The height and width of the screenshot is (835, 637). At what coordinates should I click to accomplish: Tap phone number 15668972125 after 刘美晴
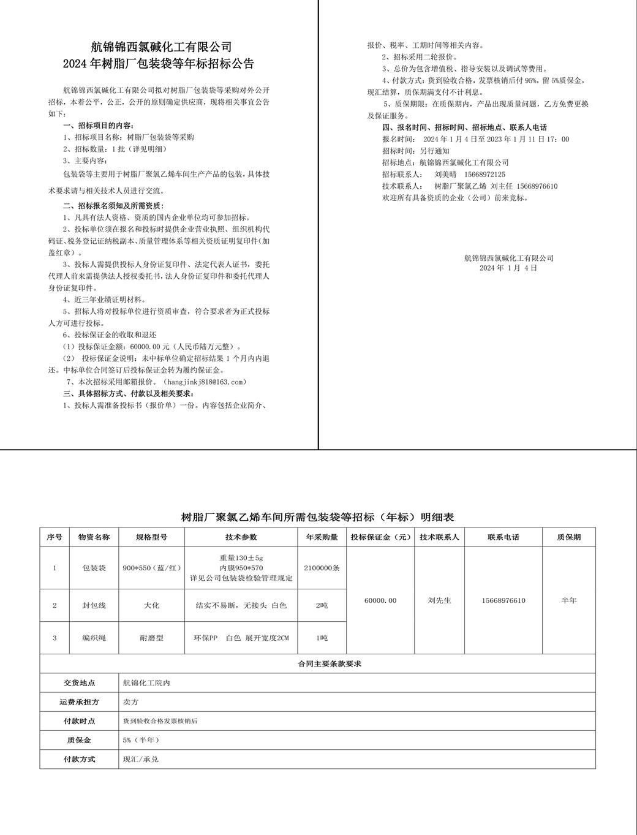pyautogui.click(x=484, y=175)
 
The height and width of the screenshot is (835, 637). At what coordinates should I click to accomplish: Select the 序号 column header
pyautogui.click(x=55, y=537)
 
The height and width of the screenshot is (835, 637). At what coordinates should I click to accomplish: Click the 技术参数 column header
pyautogui.click(x=241, y=537)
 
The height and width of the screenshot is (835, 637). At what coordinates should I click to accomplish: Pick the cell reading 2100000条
pyautogui.click(x=322, y=568)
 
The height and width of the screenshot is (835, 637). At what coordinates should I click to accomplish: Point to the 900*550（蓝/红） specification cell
pyautogui.click(x=151, y=568)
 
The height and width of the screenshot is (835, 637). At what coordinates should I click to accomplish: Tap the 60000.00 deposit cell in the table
pyautogui.click(x=380, y=600)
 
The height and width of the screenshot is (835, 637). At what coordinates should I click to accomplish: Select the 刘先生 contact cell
pyautogui.click(x=439, y=600)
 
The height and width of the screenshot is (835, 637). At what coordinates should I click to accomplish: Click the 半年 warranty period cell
pyautogui.click(x=568, y=600)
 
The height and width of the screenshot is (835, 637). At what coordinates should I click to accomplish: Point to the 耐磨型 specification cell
pyautogui.click(x=151, y=638)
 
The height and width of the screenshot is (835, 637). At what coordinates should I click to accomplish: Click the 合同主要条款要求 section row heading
pyautogui.click(x=317, y=664)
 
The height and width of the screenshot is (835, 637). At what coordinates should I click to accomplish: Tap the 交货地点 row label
pyautogui.click(x=80, y=683)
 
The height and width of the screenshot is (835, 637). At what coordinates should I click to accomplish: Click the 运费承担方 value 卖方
pyautogui.click(x=130, y=702)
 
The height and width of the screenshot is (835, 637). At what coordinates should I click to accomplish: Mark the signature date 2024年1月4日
pyautogui.click(x=508, y=268)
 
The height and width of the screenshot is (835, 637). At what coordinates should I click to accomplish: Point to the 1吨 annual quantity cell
pyautogui.click(x=322, y=638)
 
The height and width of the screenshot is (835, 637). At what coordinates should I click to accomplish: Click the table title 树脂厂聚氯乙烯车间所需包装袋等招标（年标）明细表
pyautogui.click(x=317, y=518)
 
